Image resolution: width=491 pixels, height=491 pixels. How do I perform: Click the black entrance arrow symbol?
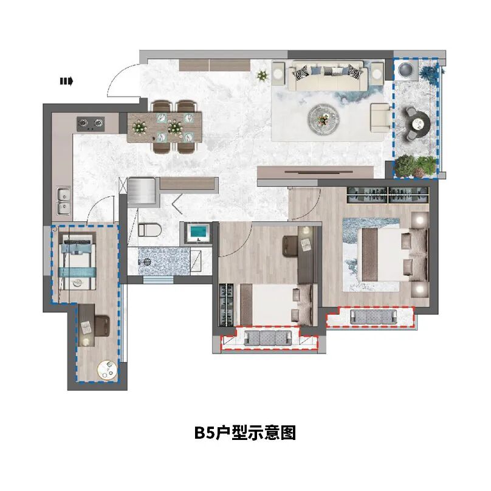(x=66, y=81)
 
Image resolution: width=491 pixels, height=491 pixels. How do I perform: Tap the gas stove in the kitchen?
(x=91, y=124)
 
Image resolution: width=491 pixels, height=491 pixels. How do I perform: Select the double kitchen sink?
(x=64, y=201)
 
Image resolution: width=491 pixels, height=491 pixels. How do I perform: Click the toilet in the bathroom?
(x=149, y=230)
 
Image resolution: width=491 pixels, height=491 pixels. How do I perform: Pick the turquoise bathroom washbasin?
(x=197, y=232)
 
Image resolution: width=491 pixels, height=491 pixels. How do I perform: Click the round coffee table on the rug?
(x=323, y=119)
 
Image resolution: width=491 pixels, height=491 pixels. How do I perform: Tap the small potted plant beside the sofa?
(x=263, y=75)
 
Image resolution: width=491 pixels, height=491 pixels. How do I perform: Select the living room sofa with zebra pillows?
(x=328, y=76)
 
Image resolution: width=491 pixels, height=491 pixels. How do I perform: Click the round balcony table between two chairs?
(x=420, y=124)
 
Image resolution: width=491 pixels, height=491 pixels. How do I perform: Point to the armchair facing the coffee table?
(x=381, y=118)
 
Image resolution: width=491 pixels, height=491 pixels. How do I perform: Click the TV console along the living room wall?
(x=315, y=173)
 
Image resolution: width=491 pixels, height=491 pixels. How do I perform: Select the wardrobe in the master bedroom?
(x=388, y=195)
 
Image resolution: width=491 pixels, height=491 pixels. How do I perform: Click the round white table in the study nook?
(x=107, y=370)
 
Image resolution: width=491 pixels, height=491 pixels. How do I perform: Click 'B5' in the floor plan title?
(x=204, y=433)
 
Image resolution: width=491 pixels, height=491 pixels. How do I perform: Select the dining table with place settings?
(x=165, y=127)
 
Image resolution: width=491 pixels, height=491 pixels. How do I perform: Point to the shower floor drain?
(x=146, y=261)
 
